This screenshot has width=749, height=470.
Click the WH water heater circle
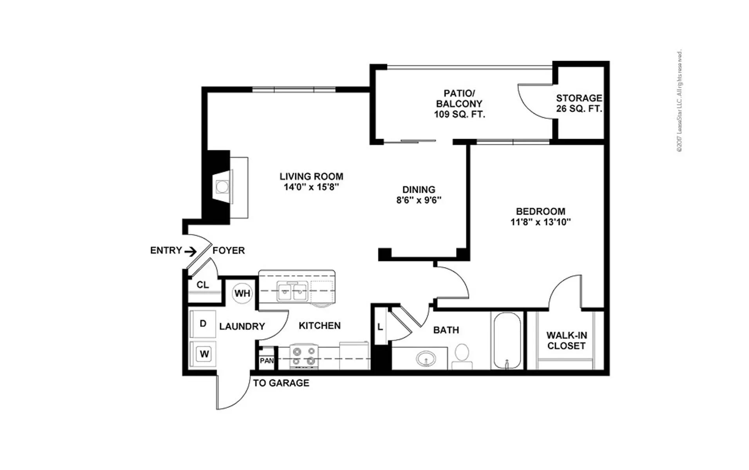point(242,293)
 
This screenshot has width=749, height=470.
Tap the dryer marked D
point(202,324)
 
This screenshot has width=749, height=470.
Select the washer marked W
point(203,354)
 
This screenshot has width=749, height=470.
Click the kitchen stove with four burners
point(304,356)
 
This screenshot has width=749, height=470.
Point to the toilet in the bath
point(462,356)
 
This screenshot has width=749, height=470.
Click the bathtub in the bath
point(507,340)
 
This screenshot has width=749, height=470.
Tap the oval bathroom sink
point(426,358)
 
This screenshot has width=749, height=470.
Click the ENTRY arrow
point(191,251)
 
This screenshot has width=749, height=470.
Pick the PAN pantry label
point(267,360)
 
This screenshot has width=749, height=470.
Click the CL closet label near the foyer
point(202,285)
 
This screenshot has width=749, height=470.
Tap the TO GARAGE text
point(281,383)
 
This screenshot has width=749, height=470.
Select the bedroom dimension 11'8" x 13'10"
point(540,222)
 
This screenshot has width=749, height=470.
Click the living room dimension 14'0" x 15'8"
point(311,187)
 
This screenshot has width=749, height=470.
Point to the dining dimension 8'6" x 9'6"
point(419,200)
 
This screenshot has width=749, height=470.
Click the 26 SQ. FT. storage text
point(579,108)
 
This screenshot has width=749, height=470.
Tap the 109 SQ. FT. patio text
point(459,114)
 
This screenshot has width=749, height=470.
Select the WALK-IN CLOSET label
point(567,341)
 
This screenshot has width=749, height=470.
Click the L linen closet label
point(380,327)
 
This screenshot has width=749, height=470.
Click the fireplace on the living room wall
point(225,187)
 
